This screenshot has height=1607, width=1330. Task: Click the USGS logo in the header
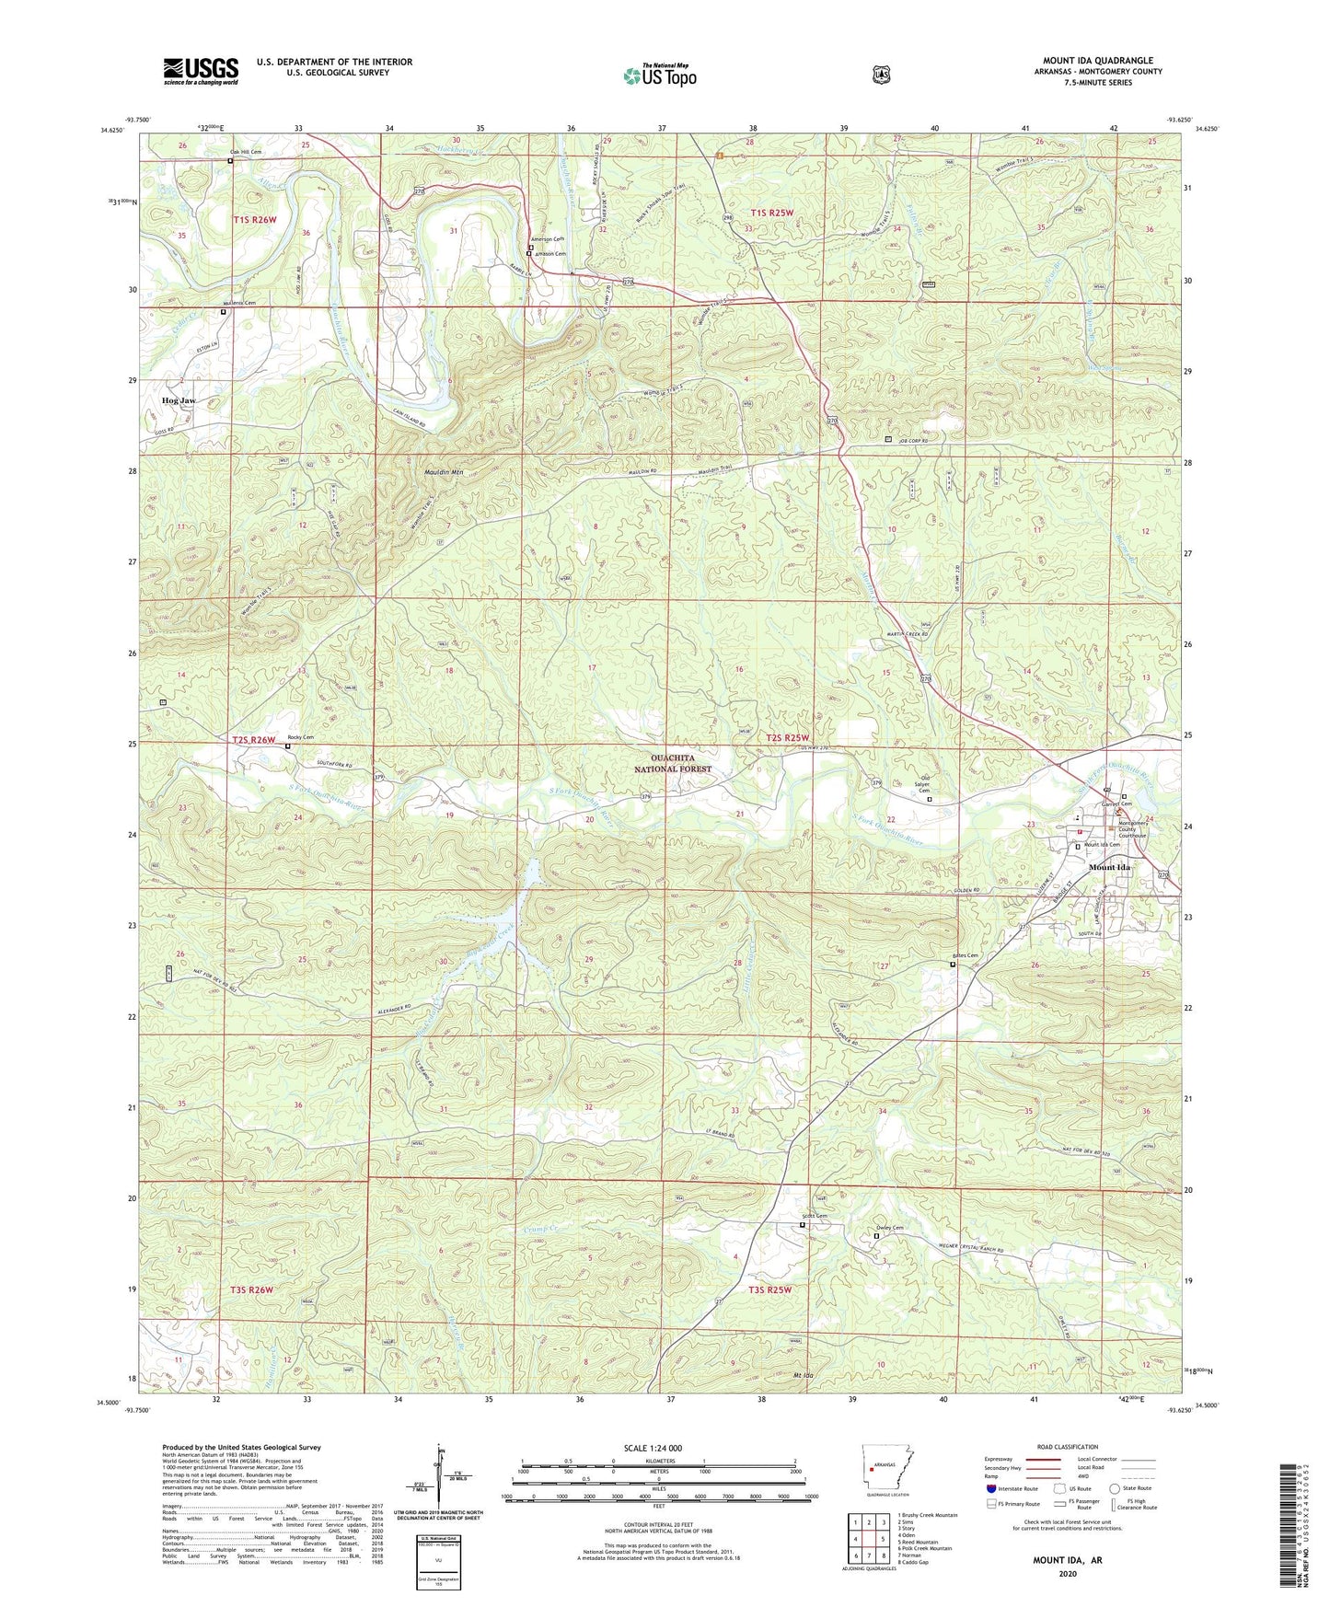coord(201,70)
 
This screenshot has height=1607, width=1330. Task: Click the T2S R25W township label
coord(788,738)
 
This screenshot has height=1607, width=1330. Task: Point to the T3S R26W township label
coord(252,1289)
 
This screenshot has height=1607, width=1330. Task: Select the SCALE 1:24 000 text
coord(653,1448)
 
